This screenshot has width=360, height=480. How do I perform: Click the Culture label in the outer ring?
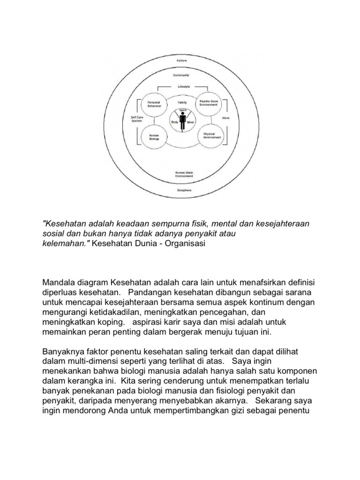click(x=181, y=61)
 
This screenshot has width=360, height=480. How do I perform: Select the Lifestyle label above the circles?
click(x=183, y=87)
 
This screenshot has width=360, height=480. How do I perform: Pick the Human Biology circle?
click(x=154, y=137)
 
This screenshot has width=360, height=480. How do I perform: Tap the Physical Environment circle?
click(x=209, y=136)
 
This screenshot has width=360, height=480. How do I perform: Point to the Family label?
click(x=182, y=102)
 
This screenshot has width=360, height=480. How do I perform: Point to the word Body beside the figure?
click(x=174, y=122)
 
